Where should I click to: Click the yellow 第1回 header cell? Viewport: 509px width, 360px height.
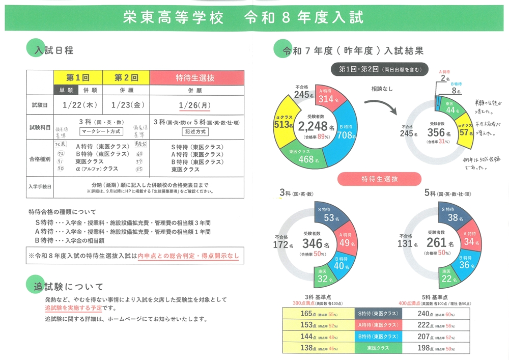pos(78,77)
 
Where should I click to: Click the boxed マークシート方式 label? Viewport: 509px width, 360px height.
pos(100,131)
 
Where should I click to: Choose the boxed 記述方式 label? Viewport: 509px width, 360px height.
pos(195,131)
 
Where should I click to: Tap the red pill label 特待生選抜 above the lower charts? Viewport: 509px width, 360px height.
pos(379,179)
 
